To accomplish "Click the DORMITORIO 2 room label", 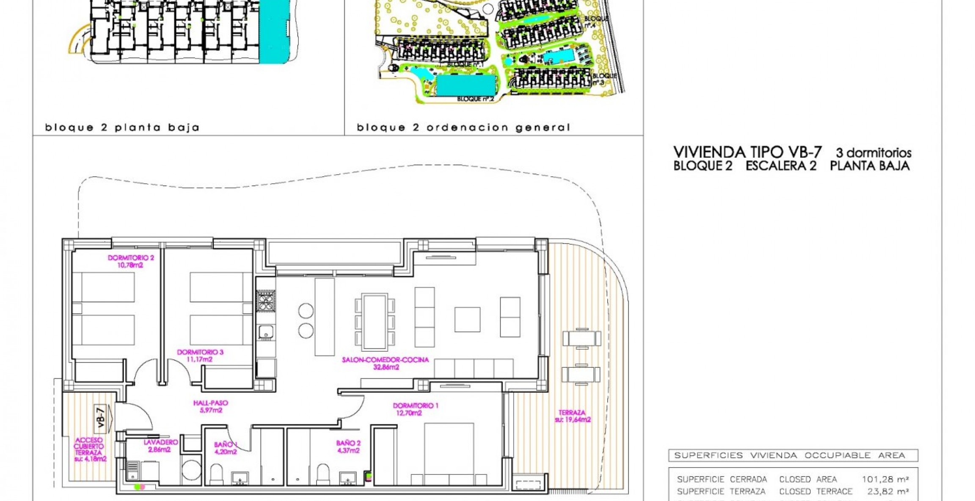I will pyautogui.click(x=130, y=257).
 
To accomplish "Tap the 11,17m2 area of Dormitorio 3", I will pyautogui.click(x=199, y=360).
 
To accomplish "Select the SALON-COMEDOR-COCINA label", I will pyautogui.click(x=385, y=360).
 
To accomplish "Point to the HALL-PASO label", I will pyautogui.click(x=211, y=403).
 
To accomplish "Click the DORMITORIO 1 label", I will pyautogui.click(x=415, y=406).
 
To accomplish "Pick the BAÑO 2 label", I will pyautogui.click(x=348, y=443).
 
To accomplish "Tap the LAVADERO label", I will pyautogui.click(x=160, y=442).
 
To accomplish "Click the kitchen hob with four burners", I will pyautogui.click(x=266, y=301).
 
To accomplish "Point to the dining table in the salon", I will pyautogui.click(x=375, y=322).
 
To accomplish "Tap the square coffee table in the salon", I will pyautogui.click(x=467, y=320).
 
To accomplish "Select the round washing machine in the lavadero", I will pyautogui.click(x=191, y=470).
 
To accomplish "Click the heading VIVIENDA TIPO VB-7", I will pyautogui.click(x=747, y=152).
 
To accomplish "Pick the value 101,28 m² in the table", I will pyautogui.click(x=885, y=479).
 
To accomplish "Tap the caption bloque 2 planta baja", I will pyautogui.click(x=122, y=127).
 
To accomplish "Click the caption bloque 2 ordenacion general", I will pyautogui.click(x=463, y=127).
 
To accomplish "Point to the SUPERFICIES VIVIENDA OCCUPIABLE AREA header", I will pyautogui.click(x=789, y=455).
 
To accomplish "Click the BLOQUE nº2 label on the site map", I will pyautogui.click(x=475, y=99).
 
